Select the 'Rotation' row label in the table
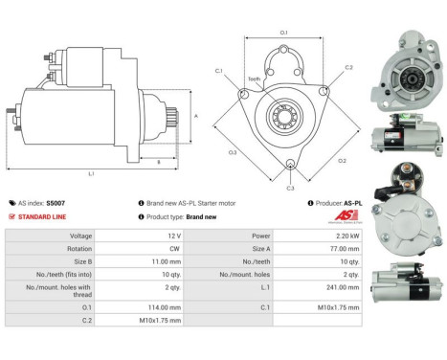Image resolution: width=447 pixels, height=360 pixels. pos(54,248)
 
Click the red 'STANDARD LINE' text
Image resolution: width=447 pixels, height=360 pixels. pos(44,216)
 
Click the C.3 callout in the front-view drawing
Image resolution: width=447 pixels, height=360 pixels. pos(291,188)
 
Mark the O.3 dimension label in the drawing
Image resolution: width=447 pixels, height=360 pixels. pos(233,151)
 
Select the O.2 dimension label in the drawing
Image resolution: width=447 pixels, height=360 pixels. pos(343,159)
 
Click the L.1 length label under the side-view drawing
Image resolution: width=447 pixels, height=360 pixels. pos(92,173)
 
